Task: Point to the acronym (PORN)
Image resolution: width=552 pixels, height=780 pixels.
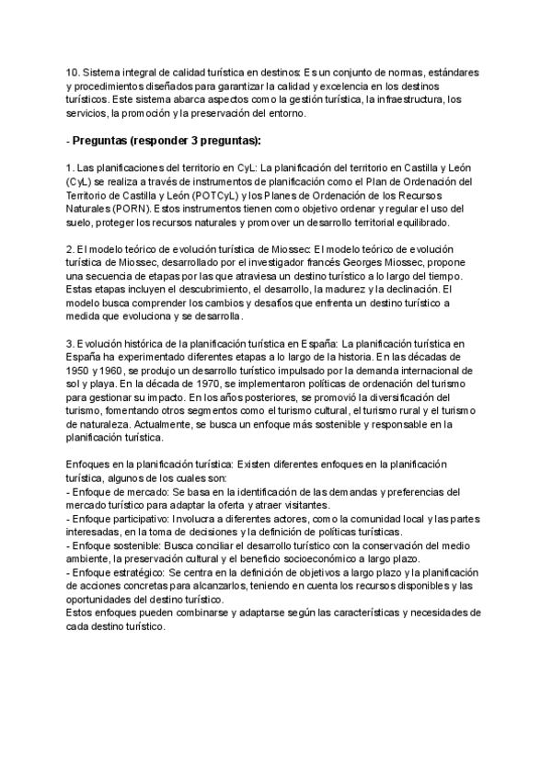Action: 123,209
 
